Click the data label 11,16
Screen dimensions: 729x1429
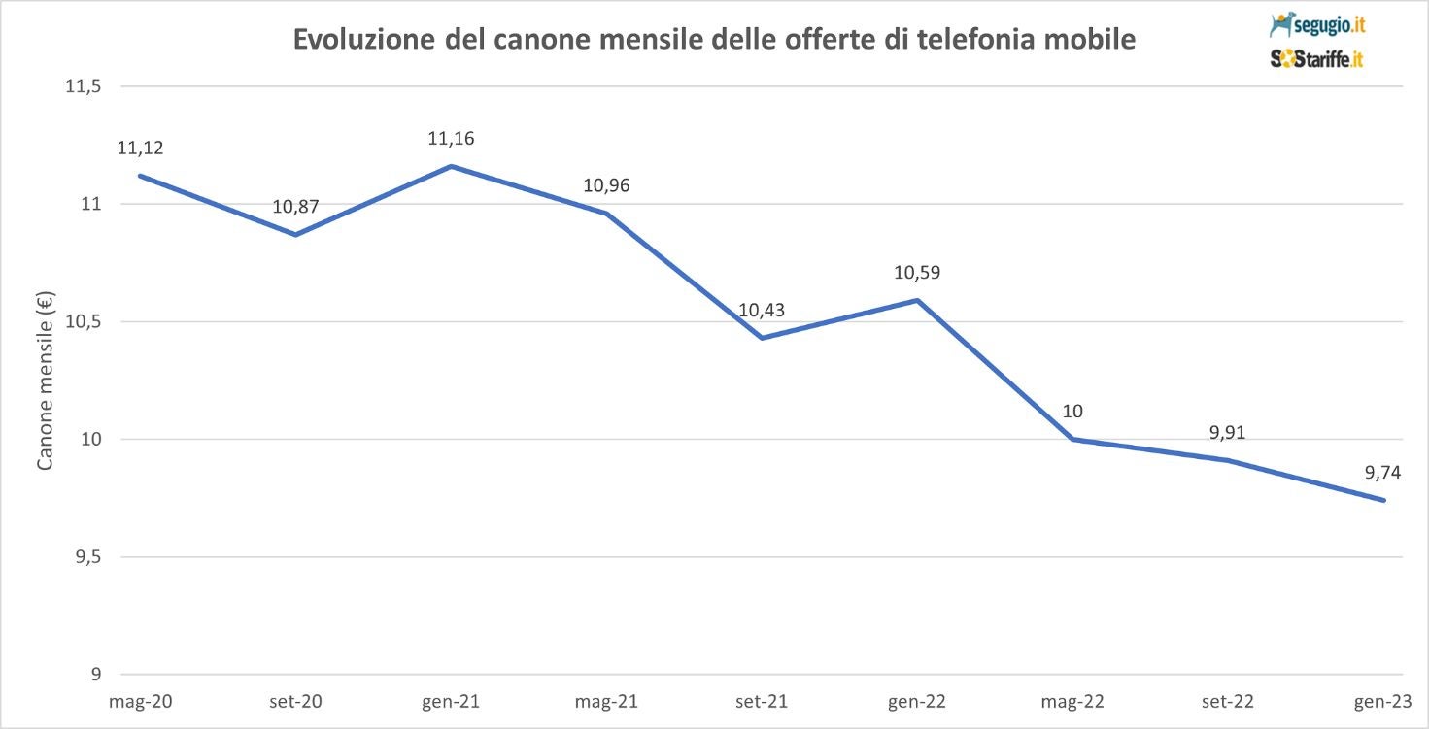click(x=451, y=139)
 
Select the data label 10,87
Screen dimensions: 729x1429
click(x=295, y=207)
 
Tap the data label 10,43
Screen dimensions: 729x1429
click(x=762, y=311)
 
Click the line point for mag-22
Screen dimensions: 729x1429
click(x=1072, y=440)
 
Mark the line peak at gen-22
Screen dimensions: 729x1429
click(x=917, y=300)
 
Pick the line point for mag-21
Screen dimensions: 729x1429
click(x=607, y=214)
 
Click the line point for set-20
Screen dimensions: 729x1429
click(x=295, y=235)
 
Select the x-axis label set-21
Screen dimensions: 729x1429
click(x=762, y=700)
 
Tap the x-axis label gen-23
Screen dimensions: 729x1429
click(x=1382, y=700)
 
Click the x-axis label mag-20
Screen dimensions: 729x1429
click(x=141, y=700)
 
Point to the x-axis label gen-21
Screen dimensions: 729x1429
click(x=451, y=700)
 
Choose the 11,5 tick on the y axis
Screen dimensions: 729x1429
click(x=84, y=86)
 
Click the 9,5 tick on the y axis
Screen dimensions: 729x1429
click(x=86, y=557)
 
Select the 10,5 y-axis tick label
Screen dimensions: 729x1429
click(x=84, y=322)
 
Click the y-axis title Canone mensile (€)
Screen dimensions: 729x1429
click(x=45, y=381)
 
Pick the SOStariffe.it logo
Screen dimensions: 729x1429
click(x=1316, y=59)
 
